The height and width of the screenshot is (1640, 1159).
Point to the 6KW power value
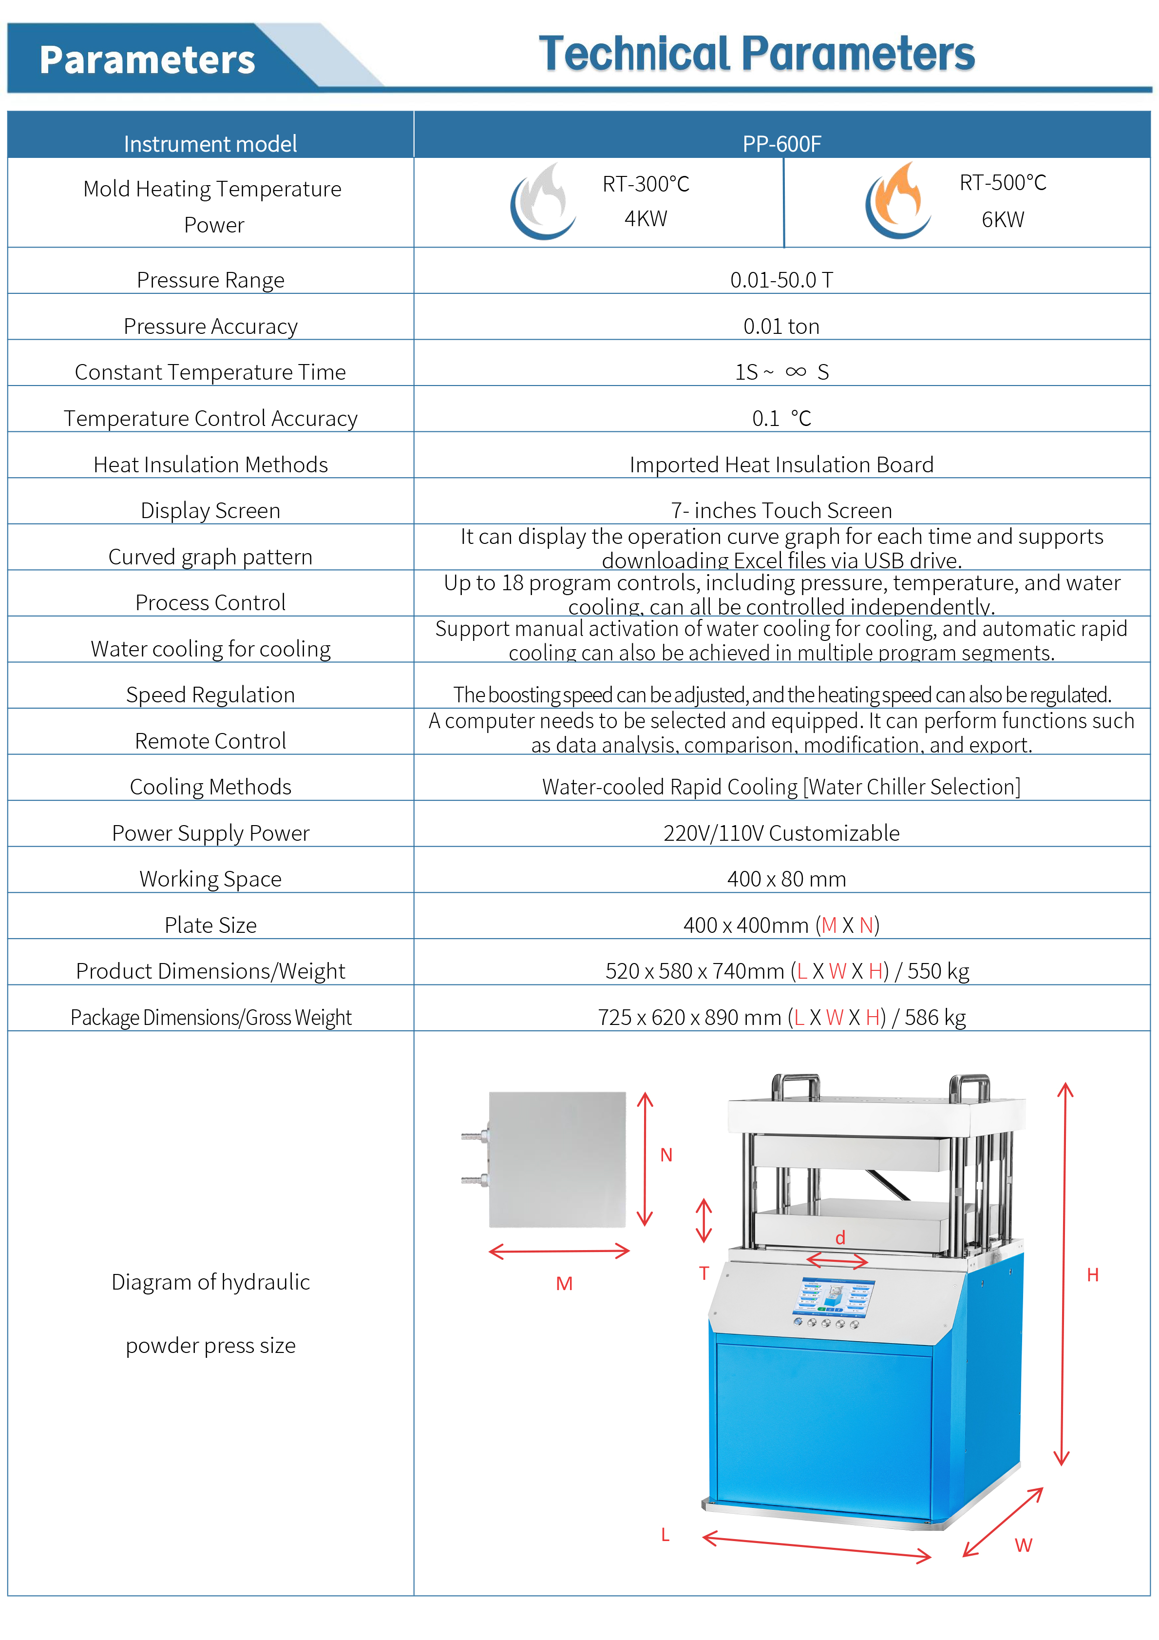pyautogui.click(x=1002, y=219)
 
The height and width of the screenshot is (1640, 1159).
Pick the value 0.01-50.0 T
pyautogui.click(x=781, y=280)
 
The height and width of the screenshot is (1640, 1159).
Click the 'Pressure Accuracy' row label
pyautogui.click(x=210, y=327)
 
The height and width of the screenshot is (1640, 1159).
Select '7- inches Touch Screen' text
pyautogui.click(x=781, y=511)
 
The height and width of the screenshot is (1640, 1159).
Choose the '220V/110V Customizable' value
pyautogui.click(x=781, y=833)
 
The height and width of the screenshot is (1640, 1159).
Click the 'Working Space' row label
pyautogui.click(x=210, y=879)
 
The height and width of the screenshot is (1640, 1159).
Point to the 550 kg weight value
pyautogui.click(x=938, y=971)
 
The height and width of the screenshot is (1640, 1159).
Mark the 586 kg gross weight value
pyautogui.click(x=935, y=1017)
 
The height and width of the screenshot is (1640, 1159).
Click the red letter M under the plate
pyautogui.click(x=564, y=1284)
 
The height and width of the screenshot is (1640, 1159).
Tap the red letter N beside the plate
pyautogui.click(x=666, y=1155)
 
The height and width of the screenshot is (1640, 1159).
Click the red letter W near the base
pyautogui.click(x=1023, y=1545)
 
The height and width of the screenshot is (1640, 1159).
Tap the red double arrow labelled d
pyautogui.click(x=837, y=1261)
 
